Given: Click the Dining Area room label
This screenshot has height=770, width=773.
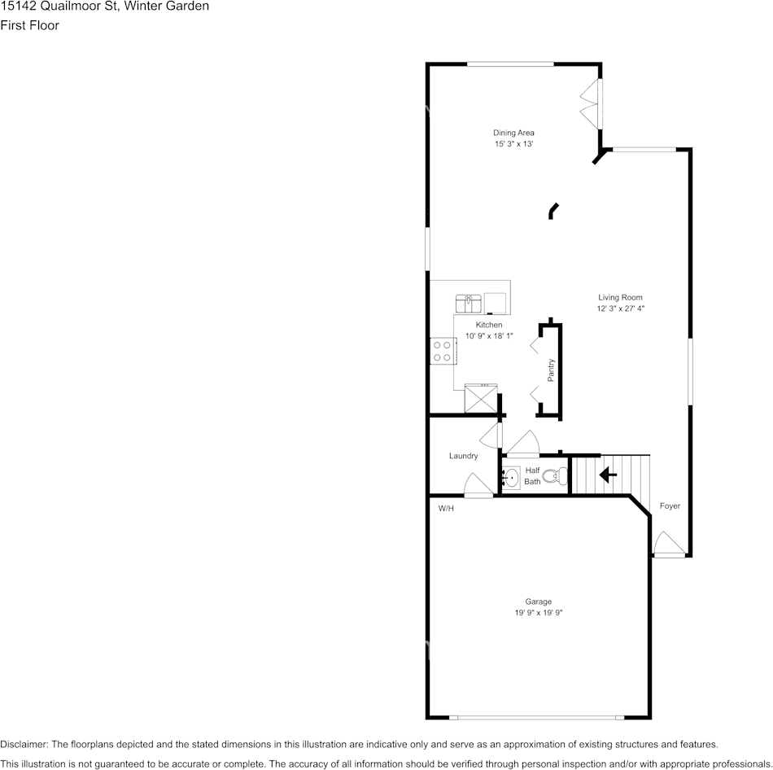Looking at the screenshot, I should (513, 133).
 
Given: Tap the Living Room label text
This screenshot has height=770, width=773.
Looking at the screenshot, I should (621, 297).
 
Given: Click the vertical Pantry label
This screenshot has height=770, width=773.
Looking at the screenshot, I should (551, 370).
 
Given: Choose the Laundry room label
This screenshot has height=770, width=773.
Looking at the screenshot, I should (463, 456).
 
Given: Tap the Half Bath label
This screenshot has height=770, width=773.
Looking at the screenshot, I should (532, 475).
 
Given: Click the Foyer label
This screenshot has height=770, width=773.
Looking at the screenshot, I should (669, 505).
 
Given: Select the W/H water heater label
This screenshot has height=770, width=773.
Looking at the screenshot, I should (446, 509).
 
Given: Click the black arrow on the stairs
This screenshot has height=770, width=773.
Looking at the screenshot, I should (607, 474).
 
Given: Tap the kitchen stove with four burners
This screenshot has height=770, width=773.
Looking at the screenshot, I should (442, 352).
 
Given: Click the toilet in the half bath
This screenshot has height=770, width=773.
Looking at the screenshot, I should (555, 477).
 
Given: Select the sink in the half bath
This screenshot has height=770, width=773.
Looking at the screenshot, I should (510, 477).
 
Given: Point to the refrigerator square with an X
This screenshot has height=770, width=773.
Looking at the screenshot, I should (479, 400).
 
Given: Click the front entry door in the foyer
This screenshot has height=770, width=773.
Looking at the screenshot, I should (668, 545).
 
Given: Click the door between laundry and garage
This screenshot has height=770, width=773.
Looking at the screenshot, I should (477, 486).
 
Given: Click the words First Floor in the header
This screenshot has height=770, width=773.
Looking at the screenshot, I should (29, 25).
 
